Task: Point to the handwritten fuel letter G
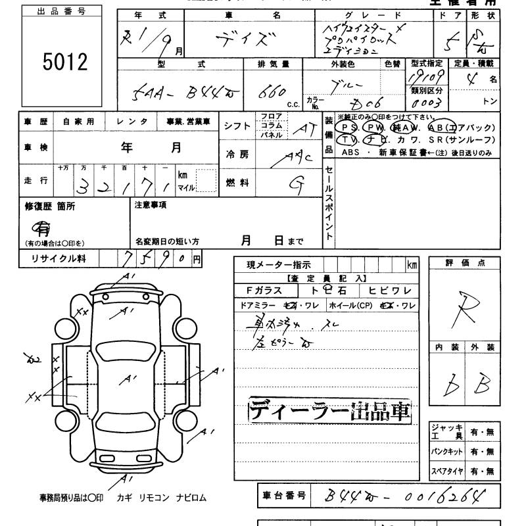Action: (x=299, y=184)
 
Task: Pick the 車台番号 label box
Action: (x=281, y=496)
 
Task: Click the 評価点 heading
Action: (x=465, y=263)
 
